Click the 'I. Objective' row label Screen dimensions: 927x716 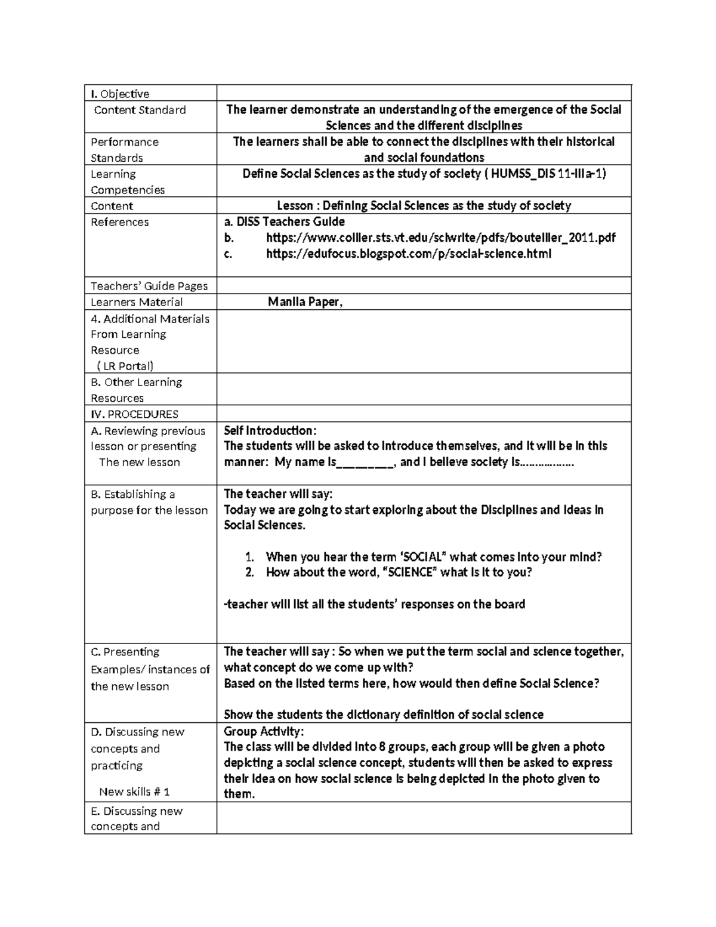coord(120,94)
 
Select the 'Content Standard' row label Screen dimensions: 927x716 coord(140,110)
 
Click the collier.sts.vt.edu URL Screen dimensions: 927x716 coord(440,238)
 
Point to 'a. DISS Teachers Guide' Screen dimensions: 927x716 coord(284,221)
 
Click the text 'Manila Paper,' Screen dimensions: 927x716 coord(305,301)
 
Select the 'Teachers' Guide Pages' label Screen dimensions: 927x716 coord(149,286)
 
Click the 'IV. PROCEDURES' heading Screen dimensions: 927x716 coord(134,414)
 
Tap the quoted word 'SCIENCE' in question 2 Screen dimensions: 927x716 coord(409,572)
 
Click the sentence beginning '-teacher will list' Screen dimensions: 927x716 coord(374,604)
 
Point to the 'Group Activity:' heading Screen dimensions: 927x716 coord(264,731)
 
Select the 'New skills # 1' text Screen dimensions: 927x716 coord(134,792)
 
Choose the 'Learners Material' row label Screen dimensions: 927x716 coord(136,302)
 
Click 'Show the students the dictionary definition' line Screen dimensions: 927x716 coord(383,715)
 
